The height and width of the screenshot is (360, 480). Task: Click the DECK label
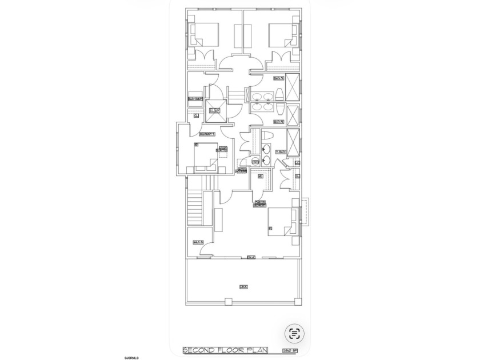(x=243, y=286)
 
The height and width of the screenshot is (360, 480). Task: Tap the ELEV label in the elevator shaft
(x=214, y=110)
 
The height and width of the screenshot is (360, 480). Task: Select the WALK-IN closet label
(x=198, y=242)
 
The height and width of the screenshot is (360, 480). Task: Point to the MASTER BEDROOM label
(x=261, y=203)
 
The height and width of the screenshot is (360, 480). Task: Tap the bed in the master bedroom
(x=283, y=222)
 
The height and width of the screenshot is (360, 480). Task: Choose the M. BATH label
(x=280, y=151)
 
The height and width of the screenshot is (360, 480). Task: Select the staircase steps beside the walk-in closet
(x=195, y=209)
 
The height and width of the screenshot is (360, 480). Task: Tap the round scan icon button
(x=295, y=333)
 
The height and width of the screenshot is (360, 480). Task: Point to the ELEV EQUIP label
(x=195, y=98)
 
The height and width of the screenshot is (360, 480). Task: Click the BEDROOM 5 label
(x=206, y=134)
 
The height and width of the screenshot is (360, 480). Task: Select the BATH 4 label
(x=278, y=78)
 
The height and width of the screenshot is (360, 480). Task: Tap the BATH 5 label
(x=278, y=121)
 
